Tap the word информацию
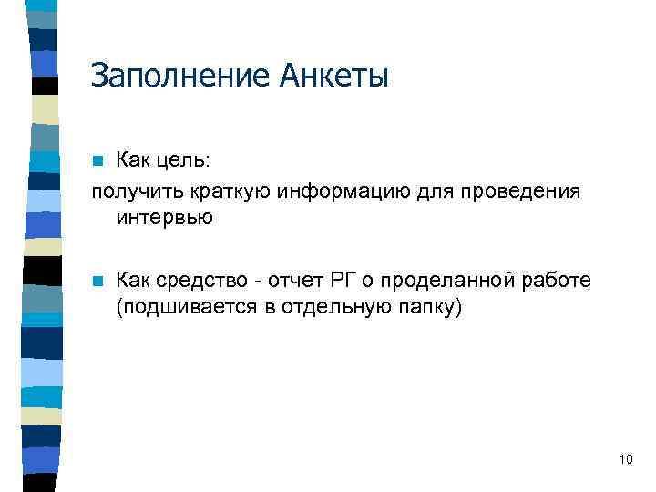point(332,191)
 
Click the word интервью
point(164,218)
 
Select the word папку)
point(433,308)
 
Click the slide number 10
point(625,459)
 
